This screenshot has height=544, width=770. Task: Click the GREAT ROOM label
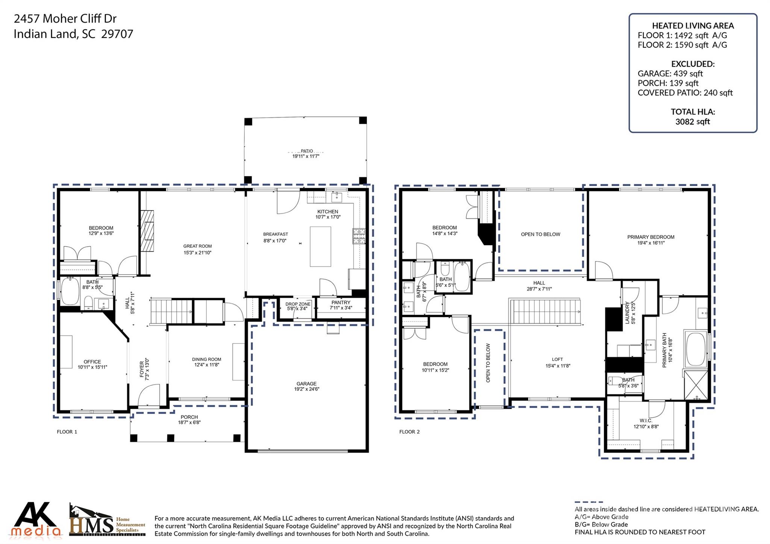197,246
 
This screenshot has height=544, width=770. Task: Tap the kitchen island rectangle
320,246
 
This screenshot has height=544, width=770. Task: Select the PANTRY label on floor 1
341,302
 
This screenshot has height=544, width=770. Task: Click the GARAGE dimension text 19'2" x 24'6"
306,389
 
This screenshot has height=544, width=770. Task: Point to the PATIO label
306,151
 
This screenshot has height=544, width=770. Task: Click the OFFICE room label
92,362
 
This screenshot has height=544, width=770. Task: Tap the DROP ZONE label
298,304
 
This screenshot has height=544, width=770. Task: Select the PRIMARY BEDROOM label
650,237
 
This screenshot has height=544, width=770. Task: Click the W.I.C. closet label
646,420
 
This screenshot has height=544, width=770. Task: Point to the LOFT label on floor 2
557,359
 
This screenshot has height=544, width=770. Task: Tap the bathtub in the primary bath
696,349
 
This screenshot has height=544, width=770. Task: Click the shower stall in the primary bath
696,385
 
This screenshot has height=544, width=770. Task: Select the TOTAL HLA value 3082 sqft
692,121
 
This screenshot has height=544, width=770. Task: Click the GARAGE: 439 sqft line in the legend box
670,74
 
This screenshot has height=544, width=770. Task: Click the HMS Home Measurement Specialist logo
107,521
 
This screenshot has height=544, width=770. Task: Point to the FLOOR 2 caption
409,432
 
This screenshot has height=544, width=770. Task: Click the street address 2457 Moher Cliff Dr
65,18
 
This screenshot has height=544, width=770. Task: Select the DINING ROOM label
206,359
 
